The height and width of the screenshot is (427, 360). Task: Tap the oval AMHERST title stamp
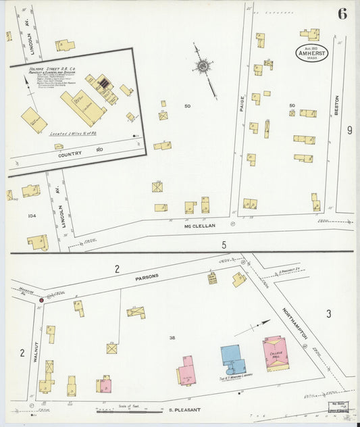point(311,53)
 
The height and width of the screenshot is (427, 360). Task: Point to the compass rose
point(203,66)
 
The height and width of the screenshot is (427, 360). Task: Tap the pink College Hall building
point(276,352)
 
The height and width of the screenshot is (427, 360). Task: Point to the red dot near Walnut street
point(41,299)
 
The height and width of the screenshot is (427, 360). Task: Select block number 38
point(172,338)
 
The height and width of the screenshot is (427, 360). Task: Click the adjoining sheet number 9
point(350,130)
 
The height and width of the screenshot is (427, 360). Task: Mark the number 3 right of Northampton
point(329,313)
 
